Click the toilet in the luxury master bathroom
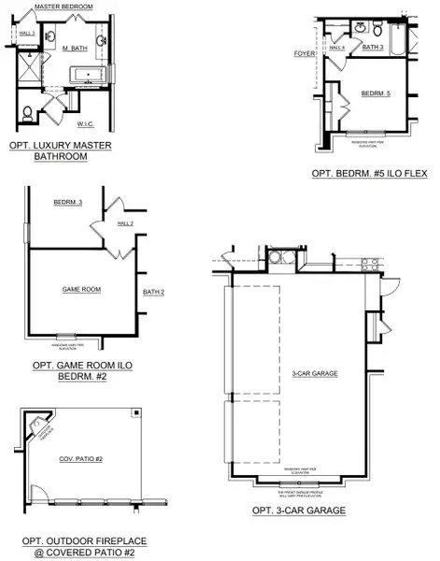[26, 113]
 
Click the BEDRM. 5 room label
[376, 93]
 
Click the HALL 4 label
[336, 48]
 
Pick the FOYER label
[304, 53]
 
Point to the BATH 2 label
[154, 293]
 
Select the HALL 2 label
[125, 223]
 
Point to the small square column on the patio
[136, 411]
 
